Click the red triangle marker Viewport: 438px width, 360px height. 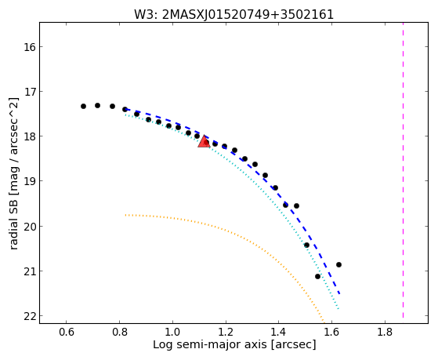point(204,141)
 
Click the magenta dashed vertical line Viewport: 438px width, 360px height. point(403,170)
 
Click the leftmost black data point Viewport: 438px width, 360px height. point(83,107)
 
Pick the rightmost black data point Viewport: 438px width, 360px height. point(338,264)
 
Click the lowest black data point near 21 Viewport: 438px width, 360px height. point(317,276)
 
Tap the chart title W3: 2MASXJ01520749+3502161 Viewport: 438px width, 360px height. point(234,15)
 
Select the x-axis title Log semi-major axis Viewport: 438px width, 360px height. point(210,345)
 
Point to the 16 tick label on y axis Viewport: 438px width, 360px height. point(30,47)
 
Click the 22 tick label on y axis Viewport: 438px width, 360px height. point(30,316)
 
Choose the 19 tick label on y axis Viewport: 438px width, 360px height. point(30,181)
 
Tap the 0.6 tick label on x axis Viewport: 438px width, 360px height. point(66,333)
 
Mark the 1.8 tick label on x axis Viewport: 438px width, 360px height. point(385,333)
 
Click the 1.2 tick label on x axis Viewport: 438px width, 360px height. point(226,333)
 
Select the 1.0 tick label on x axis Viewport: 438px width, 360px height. point(172,333)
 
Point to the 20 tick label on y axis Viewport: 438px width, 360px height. point(30,227)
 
